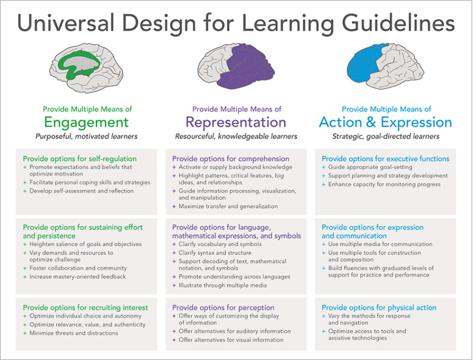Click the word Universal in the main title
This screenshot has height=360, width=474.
coord(66,23)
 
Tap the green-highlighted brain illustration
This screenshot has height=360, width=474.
coord(87,68)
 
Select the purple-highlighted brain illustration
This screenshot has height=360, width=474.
coord(236,66)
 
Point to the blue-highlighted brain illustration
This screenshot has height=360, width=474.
coord(385,66)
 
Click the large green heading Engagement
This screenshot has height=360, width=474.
coord(87,122)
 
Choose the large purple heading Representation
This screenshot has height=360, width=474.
coord(236,122)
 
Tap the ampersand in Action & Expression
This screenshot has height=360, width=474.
coord(371,122)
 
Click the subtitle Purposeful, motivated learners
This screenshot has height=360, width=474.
coord(87,136)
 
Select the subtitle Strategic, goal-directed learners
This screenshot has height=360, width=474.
coord(386,136)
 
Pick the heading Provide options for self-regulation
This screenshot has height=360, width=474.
coord(80,159)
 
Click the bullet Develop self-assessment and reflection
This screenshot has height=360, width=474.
coord(81,191)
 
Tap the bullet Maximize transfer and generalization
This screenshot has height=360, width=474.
coord(228,206)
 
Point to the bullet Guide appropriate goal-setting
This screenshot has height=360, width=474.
coord(370,167)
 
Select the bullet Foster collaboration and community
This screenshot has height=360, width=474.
coord(78,268)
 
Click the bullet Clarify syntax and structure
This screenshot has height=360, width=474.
coord(215,253)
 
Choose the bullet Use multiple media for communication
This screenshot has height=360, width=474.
coord(380,244)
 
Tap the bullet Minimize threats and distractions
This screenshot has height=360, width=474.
coord(73,333)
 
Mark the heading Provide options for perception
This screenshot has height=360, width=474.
coord(223,308)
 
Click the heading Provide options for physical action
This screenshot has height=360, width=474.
coord(379,308)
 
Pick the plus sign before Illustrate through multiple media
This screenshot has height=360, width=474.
coord(174,285)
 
